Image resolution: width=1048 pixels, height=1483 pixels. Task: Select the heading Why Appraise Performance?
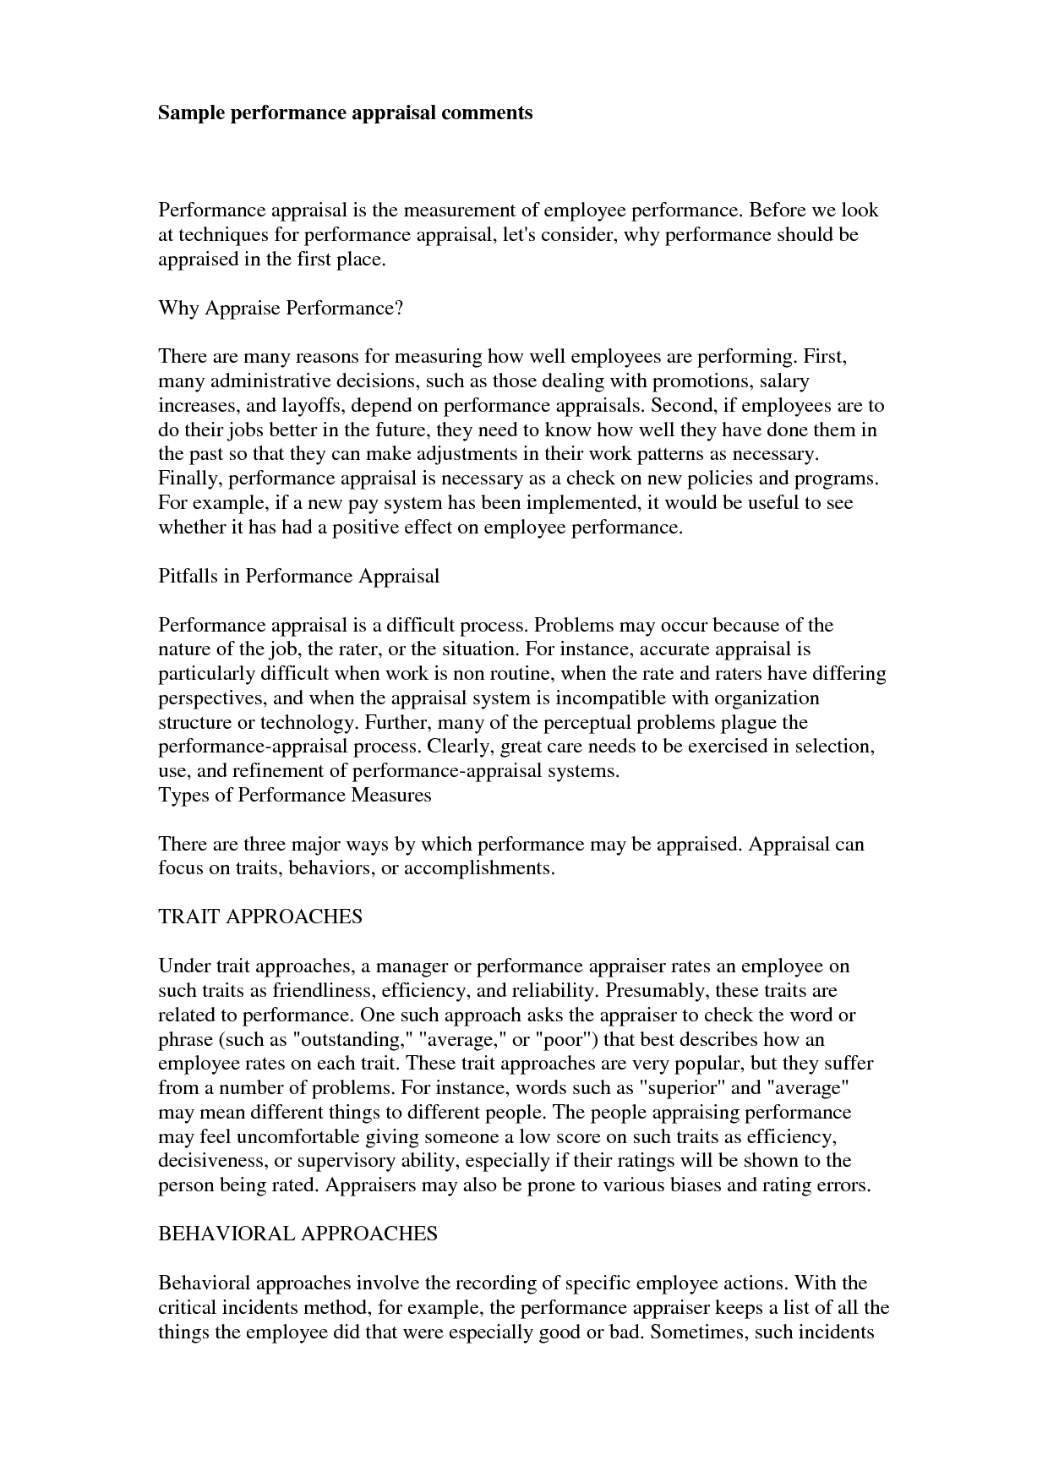pos(281,308)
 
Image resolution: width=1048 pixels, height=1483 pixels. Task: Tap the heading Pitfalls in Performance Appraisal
pos(299,577)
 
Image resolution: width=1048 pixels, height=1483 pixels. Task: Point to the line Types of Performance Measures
pos(295,796)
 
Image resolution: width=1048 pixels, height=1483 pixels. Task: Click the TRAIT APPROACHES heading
pos(260,917)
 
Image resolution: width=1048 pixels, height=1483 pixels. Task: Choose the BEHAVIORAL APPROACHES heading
pos(297,1234)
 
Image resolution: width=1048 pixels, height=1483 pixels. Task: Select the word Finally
pos(190,479)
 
